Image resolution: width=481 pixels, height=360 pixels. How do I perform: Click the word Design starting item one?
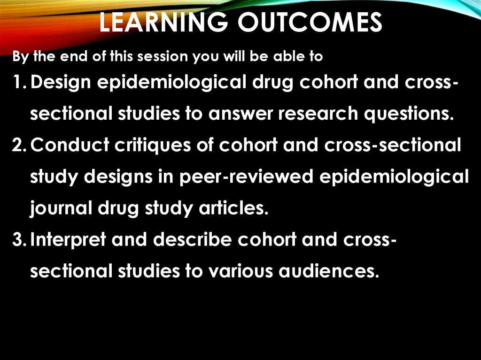click(64, 82)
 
